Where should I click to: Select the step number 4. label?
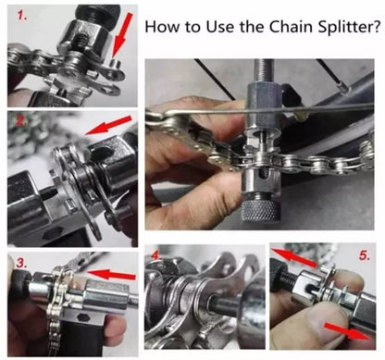[158, 256]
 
